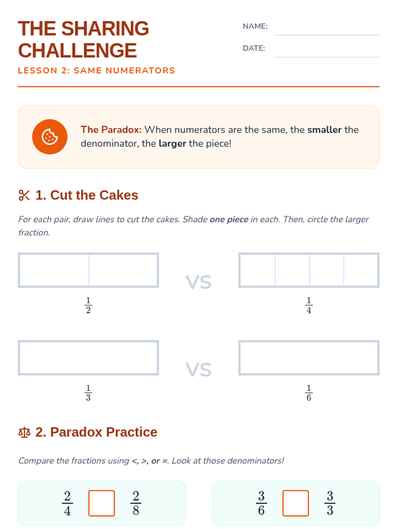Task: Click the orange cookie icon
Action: pyautogui.click(x=50, y=137)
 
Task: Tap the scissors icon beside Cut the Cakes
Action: pyautogui.click(x=24, y=195)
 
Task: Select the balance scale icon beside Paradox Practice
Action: pyautogui.click(x=24, y=432)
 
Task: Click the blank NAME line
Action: pyautogui.click(x=326, y=35)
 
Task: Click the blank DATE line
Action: pyautogui.click(x=326, y=57)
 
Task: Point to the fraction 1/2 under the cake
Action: pyautogui.click(x=88, y=305)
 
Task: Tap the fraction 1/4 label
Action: pyautogui.click(x=309, y=305)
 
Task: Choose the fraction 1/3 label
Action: pyautogui.click(x=88, y=392)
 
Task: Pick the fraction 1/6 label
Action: pyautogui.click(x=309, y=392)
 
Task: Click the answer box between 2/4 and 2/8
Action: pyautogui.click(x=102, y=503)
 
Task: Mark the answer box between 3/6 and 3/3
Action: pyautogui.click(x=295, y=503)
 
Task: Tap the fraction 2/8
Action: pyautogui.click(x=136, y=503)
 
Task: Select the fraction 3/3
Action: pyautogui.click(x=330, y=503)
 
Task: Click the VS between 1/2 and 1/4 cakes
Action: pyautogui.click(x=198, y=282)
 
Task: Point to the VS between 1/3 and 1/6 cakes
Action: pyautogui.click(x=198, y=369)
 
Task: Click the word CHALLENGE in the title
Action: pyautogui.click(x=77, y=51)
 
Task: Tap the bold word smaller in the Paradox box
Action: pyautogui.click(x=325, y=130)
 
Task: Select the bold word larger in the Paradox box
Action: pyautogui.click(x=172, y=144)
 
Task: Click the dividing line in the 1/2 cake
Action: pyautogui.click(x=89, y=270)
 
